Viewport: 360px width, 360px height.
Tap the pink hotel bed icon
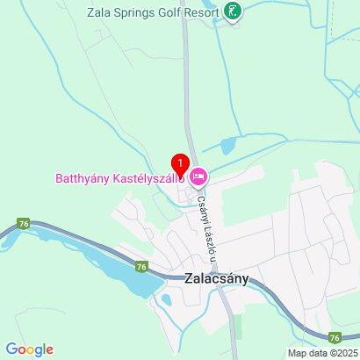[198, 177]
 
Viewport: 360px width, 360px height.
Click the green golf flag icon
[233, 12]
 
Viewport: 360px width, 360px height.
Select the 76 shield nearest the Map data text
[334, 336]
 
